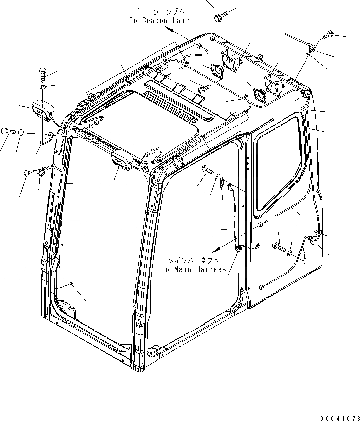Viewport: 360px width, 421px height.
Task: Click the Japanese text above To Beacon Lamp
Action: (158, 11)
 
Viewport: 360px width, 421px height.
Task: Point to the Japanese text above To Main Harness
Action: (194, 260)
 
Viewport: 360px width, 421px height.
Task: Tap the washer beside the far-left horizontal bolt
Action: (21, 132)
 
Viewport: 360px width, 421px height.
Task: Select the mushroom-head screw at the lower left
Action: (27, 173)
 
